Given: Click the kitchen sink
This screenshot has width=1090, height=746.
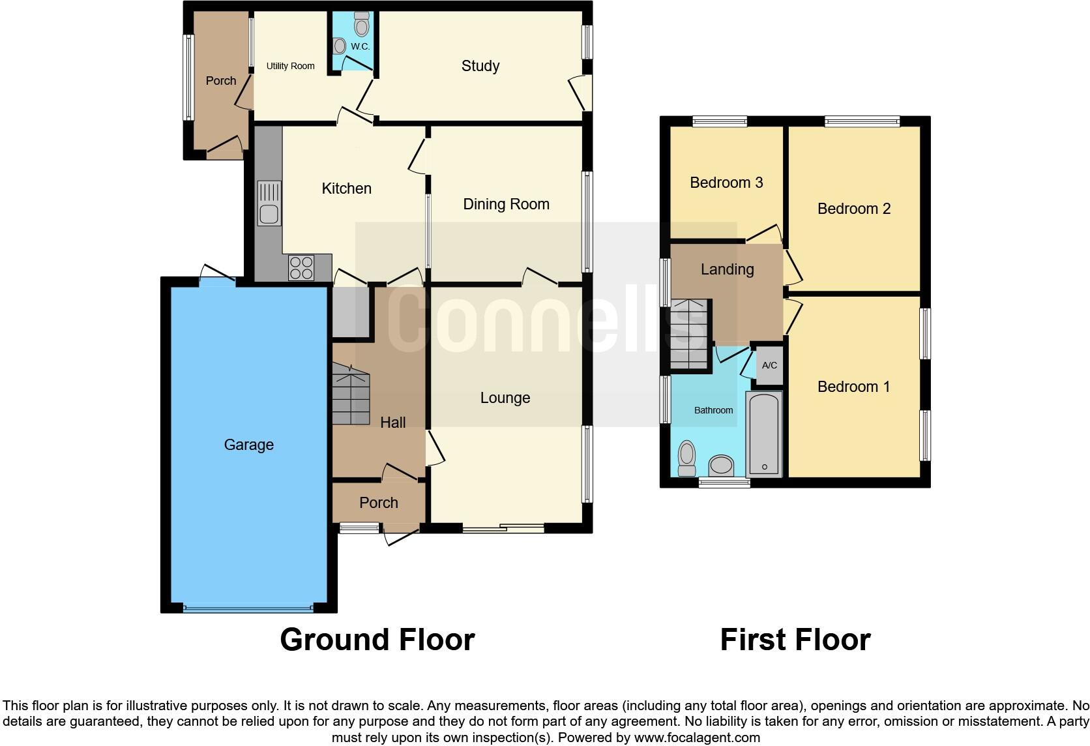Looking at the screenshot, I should (x=269, y=203).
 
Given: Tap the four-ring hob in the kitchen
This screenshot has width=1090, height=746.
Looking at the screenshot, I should (x=301, y=268).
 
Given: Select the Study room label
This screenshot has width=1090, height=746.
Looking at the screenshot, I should (x=480, y=66).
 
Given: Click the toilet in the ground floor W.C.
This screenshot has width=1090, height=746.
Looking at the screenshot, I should (x=362, y=25).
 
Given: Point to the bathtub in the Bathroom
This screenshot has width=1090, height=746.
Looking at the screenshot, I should (x=763, y=434).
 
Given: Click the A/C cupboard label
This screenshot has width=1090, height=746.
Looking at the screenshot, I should (x=769, y=365).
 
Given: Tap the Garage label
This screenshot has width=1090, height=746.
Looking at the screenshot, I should (x=248, y=445).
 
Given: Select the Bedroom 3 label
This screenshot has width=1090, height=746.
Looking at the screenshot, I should (x=726, y=183).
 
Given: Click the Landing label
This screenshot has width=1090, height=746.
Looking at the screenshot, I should (x=727, y=269).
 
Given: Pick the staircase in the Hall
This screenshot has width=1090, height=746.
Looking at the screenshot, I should (x=351, y=395).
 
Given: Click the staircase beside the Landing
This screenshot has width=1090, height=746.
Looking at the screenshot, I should (x=690, y=335).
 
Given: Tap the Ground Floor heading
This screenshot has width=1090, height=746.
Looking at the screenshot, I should (x=377, y=640).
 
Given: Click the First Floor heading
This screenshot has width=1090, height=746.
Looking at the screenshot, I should (x=795, y=640).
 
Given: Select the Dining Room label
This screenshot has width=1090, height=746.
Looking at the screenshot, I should (x=506, y=204).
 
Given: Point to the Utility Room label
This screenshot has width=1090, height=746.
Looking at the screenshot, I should (x=290, y=66).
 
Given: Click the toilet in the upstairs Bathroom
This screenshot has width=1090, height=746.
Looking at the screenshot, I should (x=686, y=458).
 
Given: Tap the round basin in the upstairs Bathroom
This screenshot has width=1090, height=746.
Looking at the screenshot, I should (x=721, y=466).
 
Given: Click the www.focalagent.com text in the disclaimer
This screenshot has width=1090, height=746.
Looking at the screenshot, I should (x=696, y=738).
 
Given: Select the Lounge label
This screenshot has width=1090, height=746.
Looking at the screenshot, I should (x=505, y=398).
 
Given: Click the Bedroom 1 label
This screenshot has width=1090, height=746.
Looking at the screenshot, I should (x=853, y=387).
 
